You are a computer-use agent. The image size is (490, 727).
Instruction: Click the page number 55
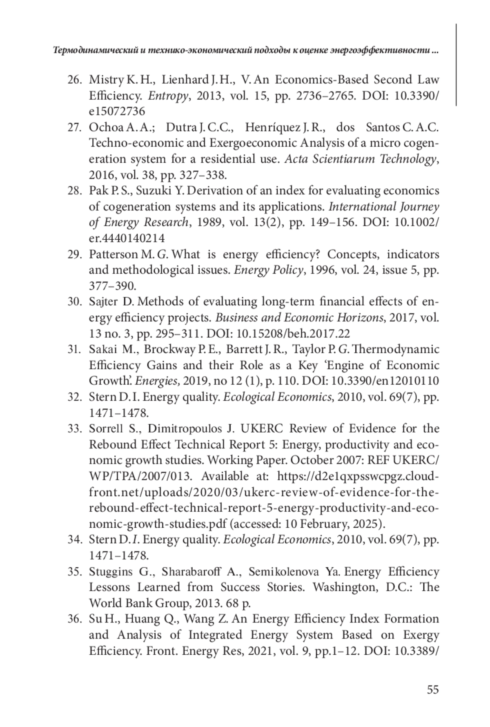(432, 690)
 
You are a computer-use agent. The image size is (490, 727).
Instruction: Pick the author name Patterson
(113, 254)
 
